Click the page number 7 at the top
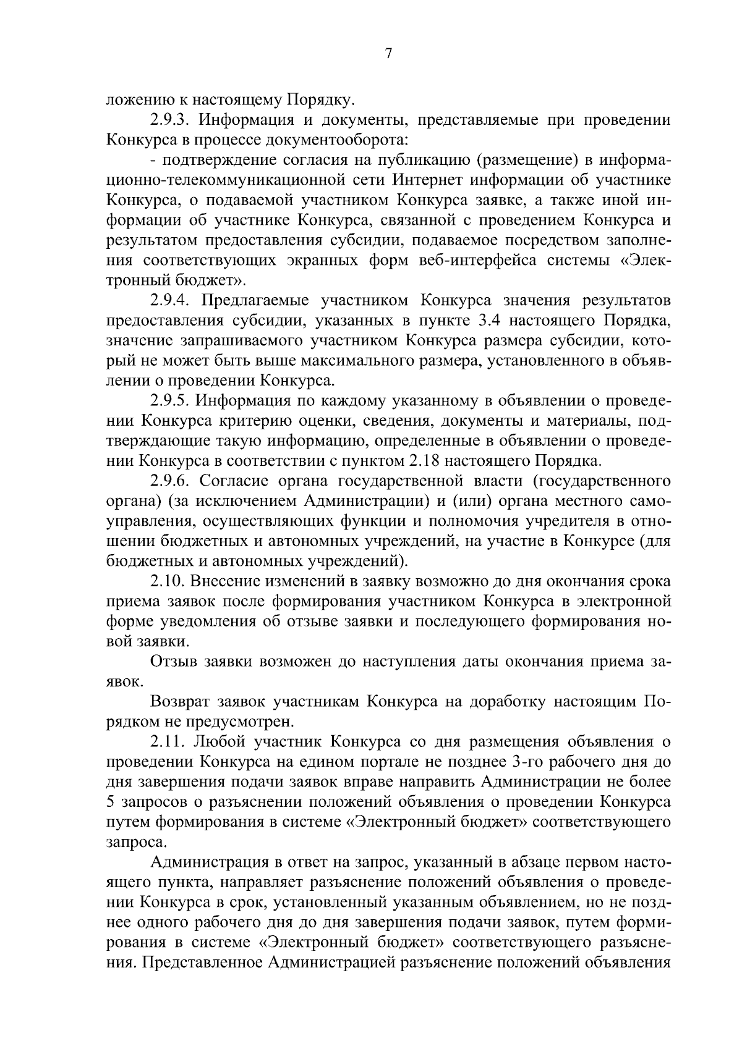tap(388, 54)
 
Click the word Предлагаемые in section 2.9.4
tap(254, 300)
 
